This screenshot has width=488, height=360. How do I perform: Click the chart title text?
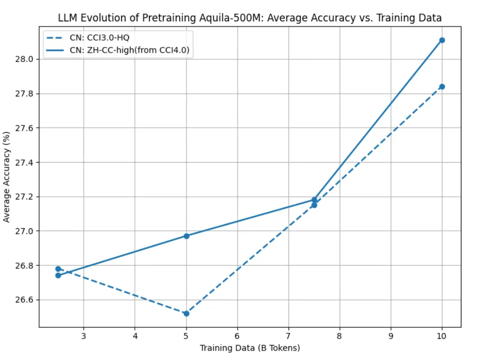coord(249,18)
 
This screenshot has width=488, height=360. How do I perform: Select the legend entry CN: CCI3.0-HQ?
coord(99,38)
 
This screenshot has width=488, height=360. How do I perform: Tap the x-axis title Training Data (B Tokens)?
coord(249,347)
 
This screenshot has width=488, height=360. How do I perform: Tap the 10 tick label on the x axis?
coord(442,336)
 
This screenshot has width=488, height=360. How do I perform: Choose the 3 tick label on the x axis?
coord(83,336)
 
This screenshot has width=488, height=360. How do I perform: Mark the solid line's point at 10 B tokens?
coord(442,40)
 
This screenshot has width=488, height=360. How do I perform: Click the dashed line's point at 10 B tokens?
coord(442,86)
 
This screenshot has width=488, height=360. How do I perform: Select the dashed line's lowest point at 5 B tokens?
coord(186,314)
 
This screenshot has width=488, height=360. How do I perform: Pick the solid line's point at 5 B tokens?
coord(186,236)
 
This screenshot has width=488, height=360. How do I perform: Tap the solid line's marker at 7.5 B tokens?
coord(314,200)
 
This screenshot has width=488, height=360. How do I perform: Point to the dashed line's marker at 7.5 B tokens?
coord(314,205)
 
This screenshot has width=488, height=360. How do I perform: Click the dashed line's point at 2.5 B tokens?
coord(58,269)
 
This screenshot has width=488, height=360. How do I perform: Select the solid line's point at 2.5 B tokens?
coord(58,276)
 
